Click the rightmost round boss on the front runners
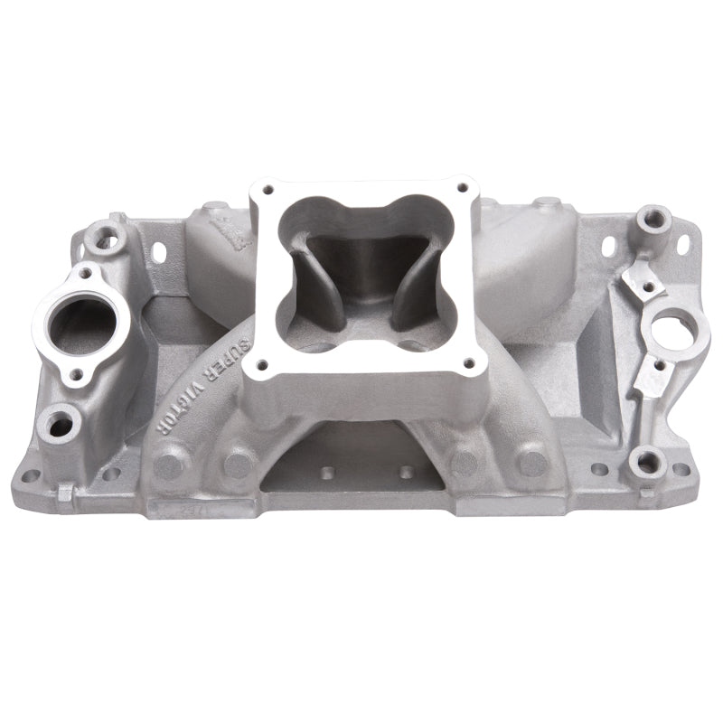[534, 463]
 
